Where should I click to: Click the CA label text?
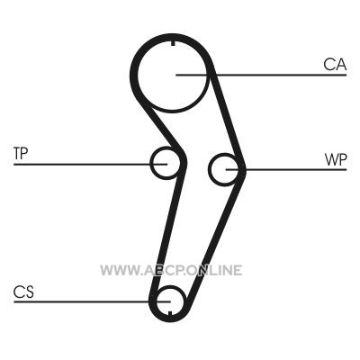pyautogui.click(x=335, y=65)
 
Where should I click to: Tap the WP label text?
pyautogui.click(x=336, y=160)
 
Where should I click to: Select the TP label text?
pyautogui.click(x=21, y=154)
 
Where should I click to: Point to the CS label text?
pyautogui.click(x=23, y=292)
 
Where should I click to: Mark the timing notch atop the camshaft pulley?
pyautogui.click(x=173, y=43)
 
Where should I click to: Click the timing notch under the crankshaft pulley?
pyautogui.click(x=170, y=313)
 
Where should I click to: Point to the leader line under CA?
pyautogui.click(x=261, y=75)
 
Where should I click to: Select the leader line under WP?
pyautogui.click(x=286, y=170)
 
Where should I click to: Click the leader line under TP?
pyautogui.click(x=90, y=164)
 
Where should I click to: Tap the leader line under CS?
pyautogui.click(x=92, y=301)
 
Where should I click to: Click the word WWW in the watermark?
pyautogui.click(x=120, y=270)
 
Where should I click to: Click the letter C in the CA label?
pyautogui.click(x=329, y=65)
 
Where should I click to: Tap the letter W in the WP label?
pyautogui.click(x=331, y=160)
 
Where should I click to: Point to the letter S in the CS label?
pyautogui.click(x=30, y=292)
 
